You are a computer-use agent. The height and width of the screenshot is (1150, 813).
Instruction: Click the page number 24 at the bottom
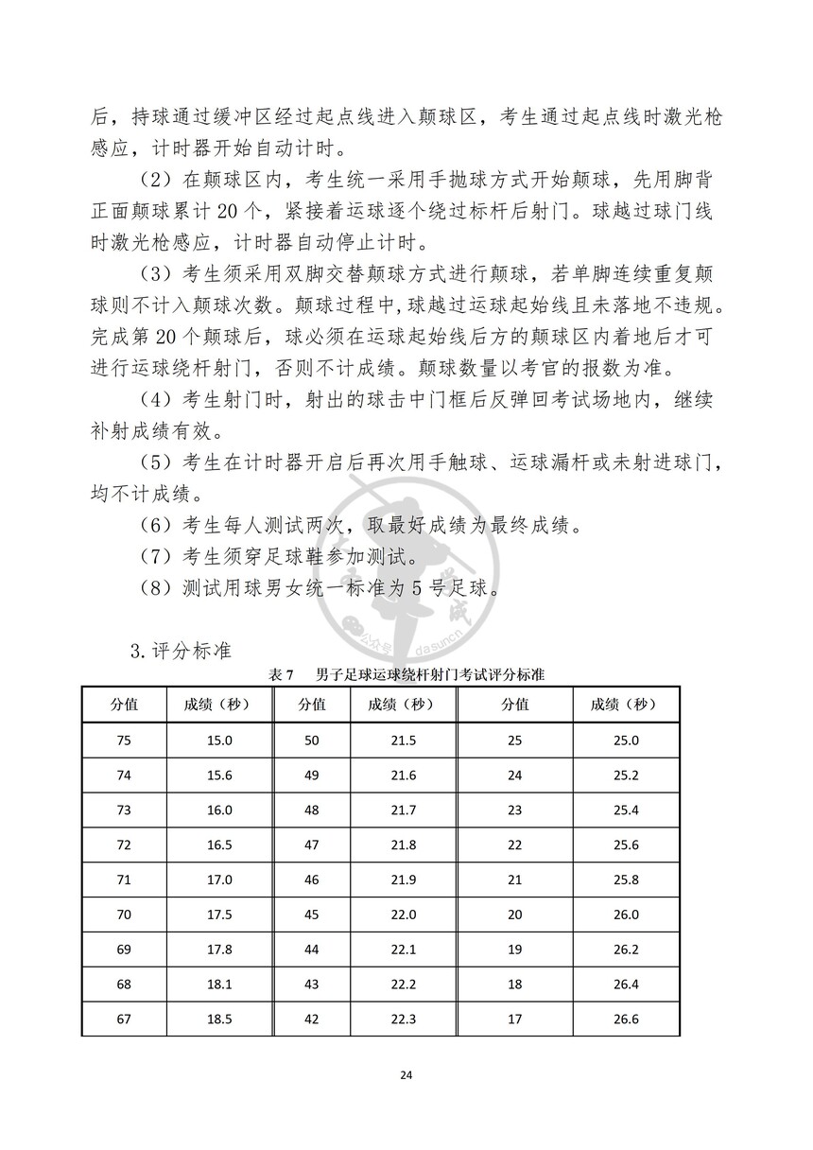406,1075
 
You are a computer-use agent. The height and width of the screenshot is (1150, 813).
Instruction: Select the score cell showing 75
124,740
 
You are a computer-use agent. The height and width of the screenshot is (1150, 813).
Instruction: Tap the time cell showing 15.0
219,740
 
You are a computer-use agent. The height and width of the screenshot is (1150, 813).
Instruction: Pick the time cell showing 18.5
219,1019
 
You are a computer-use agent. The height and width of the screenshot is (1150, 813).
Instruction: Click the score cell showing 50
312,740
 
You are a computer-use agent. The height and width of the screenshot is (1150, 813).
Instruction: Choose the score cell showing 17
514,1019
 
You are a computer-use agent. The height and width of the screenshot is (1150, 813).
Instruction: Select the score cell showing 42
312,1019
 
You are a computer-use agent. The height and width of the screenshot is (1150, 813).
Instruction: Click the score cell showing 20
514,915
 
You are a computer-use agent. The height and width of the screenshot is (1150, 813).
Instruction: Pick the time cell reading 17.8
219,950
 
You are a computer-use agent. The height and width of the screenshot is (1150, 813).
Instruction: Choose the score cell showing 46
312,880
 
